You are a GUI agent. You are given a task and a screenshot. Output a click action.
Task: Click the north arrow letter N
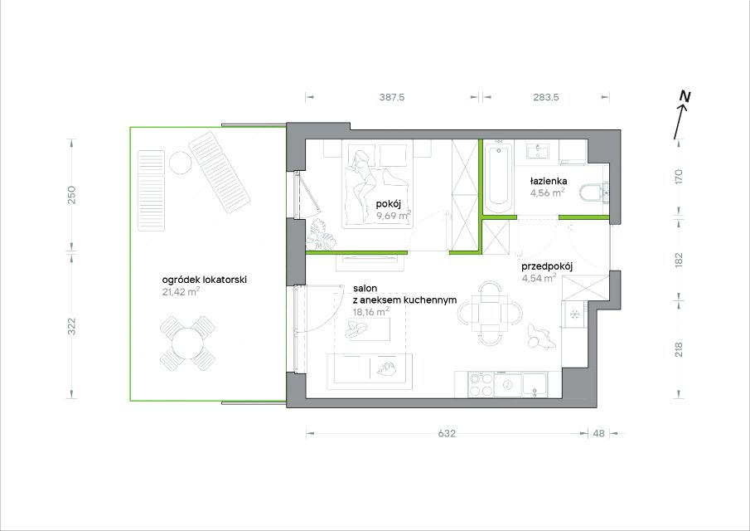click(686, 97)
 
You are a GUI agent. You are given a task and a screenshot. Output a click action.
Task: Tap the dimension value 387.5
click(392, 97)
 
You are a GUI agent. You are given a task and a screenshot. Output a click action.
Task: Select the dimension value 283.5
click(546, 97)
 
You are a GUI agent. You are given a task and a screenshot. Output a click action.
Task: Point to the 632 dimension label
click(447, 433)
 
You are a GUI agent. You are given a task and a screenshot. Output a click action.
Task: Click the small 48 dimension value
click(599, 433)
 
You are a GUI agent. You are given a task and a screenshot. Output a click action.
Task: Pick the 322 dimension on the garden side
click(72, 326)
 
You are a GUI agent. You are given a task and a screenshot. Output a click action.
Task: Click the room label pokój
click(388, 204)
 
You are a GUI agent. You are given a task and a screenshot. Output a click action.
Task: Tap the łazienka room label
click(549, 181)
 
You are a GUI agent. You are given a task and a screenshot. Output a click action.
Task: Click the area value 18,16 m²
click(370, 311)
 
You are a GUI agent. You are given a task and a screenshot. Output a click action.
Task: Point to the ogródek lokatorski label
click(204, 280)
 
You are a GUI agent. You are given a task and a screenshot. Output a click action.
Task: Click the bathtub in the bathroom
click(498, 178)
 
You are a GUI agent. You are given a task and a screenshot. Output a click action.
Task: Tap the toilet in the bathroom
click(592, 194)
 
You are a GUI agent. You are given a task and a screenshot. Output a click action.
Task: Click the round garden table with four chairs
click(187, 343)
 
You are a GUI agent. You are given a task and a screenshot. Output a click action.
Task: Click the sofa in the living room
click(370, 368)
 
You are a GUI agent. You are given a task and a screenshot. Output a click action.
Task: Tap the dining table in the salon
click(489, 314)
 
